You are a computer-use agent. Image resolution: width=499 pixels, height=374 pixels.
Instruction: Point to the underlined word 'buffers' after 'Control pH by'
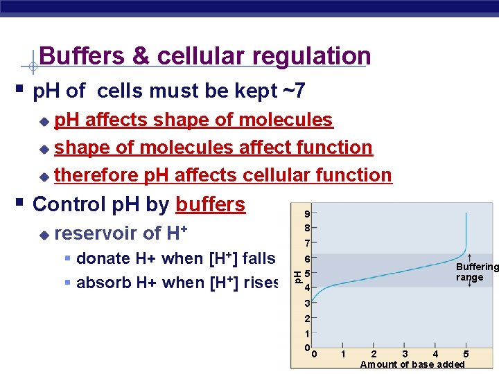210,204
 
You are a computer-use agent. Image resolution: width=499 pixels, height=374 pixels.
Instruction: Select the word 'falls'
259,258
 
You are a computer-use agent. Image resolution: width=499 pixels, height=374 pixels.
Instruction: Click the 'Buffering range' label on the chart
475,272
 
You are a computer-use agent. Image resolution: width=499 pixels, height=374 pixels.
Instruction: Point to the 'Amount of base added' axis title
412,365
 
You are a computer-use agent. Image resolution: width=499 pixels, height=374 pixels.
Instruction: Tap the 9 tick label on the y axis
306,213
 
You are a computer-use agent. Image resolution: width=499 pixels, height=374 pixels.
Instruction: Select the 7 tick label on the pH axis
306,243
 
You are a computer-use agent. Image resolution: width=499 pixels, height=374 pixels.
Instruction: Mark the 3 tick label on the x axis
404,355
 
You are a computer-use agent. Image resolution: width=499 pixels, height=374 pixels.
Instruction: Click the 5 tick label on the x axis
465,355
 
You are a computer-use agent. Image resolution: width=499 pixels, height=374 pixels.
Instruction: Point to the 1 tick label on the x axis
343,355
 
